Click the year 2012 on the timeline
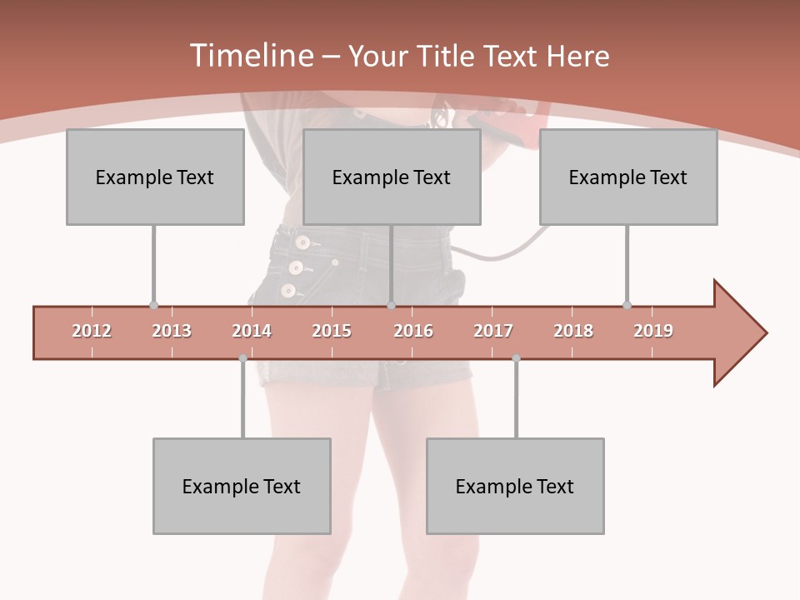coord(92,331)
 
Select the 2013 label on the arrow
coord(172,331)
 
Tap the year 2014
coord(252,331)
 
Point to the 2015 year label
coord(332,331)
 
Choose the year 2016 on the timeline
coord(413,331)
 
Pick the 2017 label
coord(493,331)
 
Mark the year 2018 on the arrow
coord(573,331)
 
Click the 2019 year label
coord(653,331)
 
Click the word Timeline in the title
coord(250,56)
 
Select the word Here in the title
coord(577,56)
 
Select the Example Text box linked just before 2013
coord(155,177)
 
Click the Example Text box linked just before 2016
coord(392,177)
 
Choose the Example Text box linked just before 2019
coord(628,177)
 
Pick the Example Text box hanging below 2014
coord(242,486)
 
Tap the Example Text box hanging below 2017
coord(515,486)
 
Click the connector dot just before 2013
coord(153,306)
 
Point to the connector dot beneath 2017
coord(516,358)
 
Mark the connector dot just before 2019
coord(627,306)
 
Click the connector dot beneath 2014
coord(242,358)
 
